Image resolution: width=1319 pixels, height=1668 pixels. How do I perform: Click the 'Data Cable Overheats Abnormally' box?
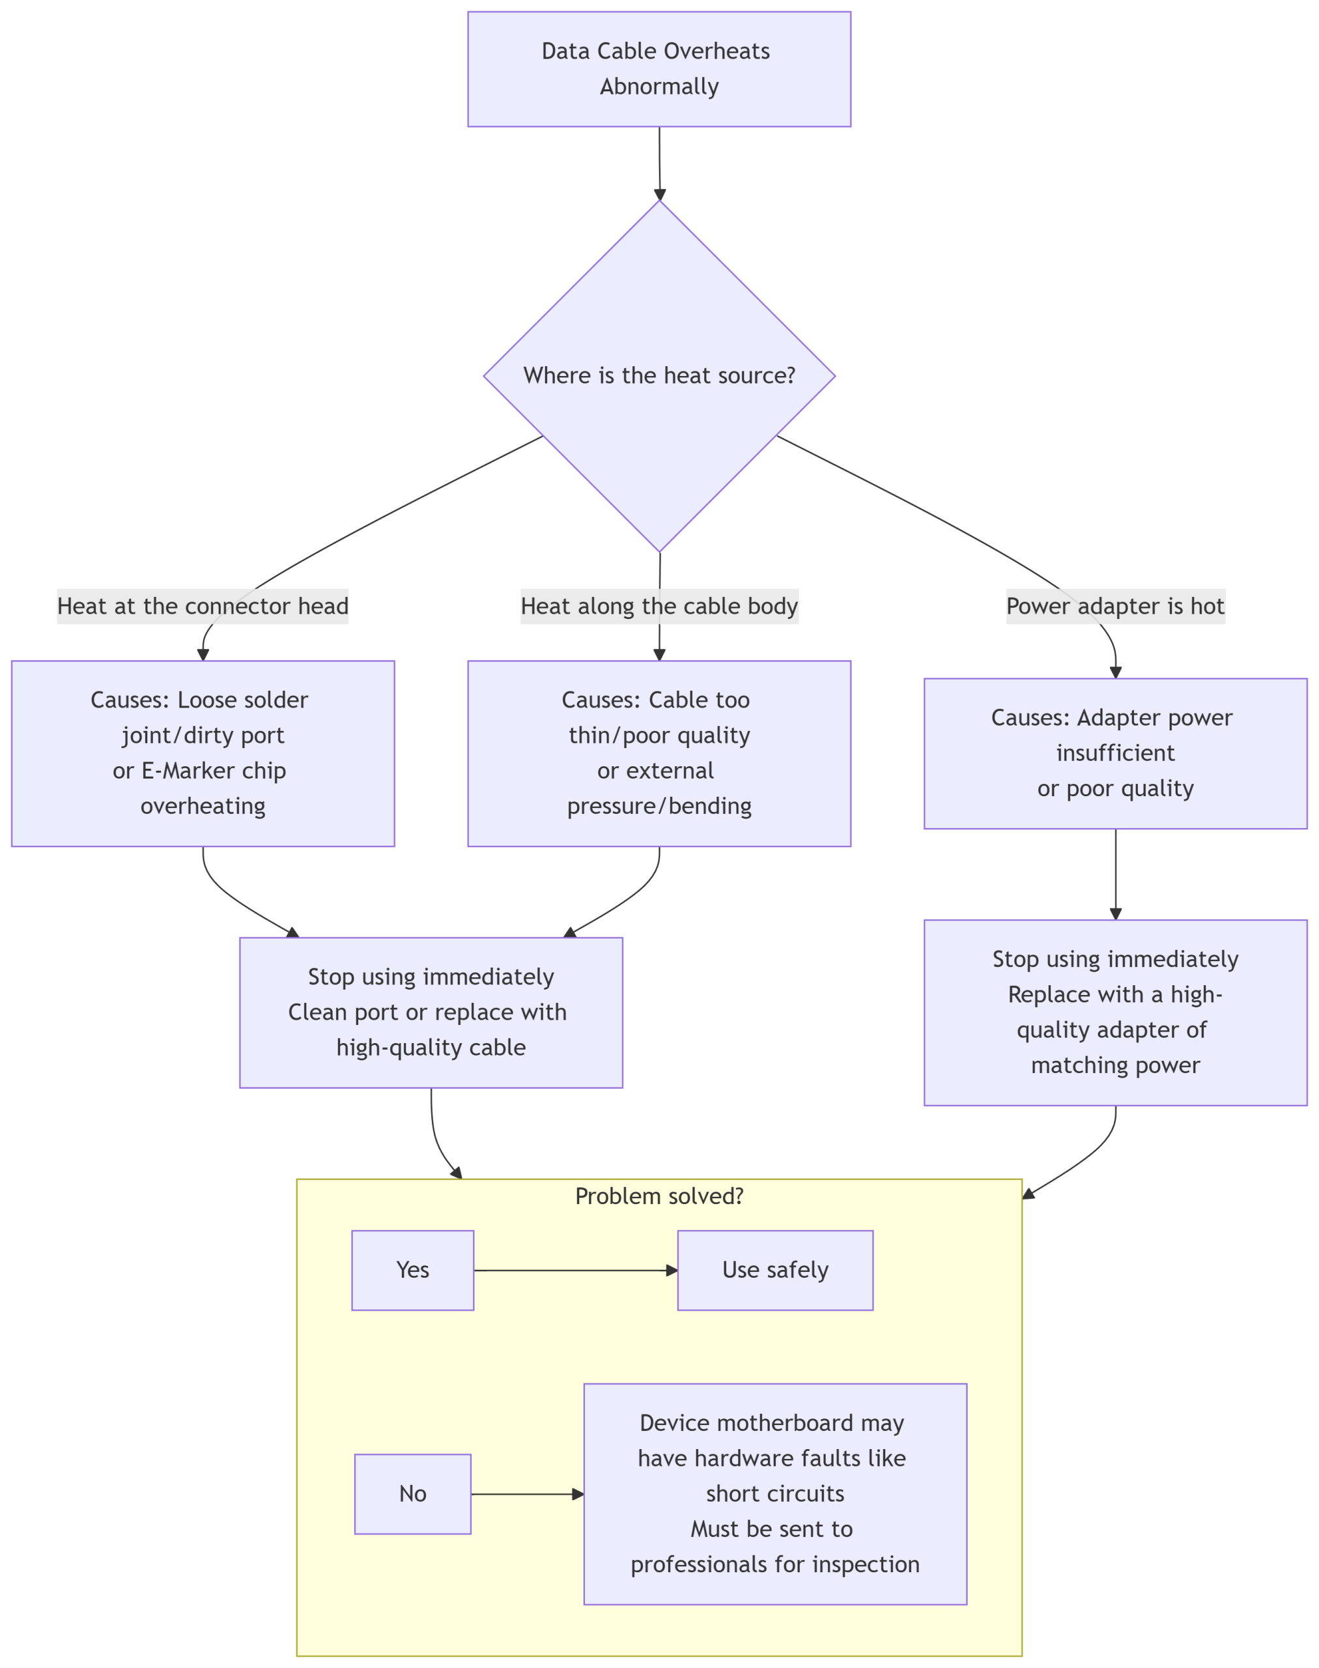point(659,69)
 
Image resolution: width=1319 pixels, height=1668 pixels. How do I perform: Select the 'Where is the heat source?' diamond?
point(659,376)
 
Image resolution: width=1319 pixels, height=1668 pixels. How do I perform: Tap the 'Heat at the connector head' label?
point(203,607)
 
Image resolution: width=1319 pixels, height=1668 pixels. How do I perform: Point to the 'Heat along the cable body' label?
point(659,607)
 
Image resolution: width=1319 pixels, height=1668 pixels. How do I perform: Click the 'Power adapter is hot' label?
point(1115,607)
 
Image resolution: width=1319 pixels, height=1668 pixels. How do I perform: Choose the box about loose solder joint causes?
point(203,753)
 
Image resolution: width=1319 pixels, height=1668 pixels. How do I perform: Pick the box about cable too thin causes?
point(659,753)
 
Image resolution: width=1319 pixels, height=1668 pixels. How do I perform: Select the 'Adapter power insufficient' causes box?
point(1115,753)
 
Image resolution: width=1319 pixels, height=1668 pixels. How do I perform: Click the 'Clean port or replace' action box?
point(431,1012)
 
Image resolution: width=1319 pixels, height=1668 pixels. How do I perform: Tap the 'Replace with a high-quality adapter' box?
point(1115,1012)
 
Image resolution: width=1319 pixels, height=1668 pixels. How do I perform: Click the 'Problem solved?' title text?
point(659,1197)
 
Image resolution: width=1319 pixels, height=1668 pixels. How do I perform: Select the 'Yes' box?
point(412,1270)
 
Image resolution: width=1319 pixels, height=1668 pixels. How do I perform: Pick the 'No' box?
point(412,1494)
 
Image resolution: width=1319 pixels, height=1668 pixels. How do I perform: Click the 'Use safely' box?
point(775,1270)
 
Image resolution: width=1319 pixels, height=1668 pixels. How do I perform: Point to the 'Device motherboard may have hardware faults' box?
point(775,1494)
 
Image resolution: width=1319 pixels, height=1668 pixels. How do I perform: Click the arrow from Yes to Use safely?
point(576,1270)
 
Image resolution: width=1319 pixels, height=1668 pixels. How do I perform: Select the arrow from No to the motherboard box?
point(528,1494)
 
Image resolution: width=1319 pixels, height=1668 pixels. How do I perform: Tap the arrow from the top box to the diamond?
point(659,164)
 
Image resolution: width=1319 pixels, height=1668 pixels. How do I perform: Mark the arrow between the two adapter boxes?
point(1115,874)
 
